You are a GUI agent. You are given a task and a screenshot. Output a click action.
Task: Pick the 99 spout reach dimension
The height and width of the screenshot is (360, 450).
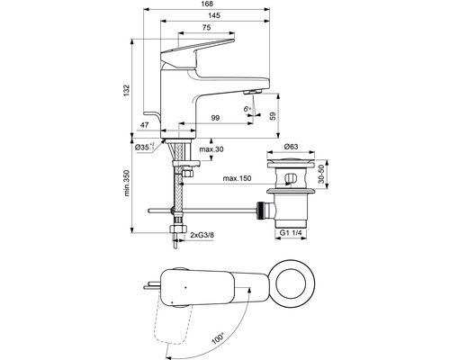(216, 118)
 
